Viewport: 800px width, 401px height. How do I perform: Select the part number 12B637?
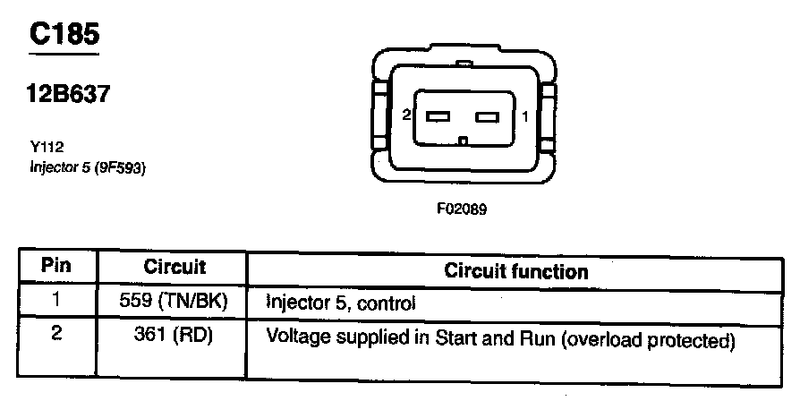(x=70, y=94)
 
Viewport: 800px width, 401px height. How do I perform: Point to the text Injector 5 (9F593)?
(x=87, y=166)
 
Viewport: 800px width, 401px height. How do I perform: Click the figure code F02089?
(x=462, y=210)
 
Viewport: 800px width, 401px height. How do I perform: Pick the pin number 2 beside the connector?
(x=406, y=116)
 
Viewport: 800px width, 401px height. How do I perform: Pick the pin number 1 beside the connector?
(x=525, y=116)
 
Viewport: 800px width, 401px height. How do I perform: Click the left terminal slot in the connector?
(x=438, y=116)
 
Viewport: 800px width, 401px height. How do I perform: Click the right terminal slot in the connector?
(x=487, y=116)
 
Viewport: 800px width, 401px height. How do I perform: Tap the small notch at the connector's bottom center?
(x=463, y=141)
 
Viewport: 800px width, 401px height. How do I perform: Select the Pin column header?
(x=57, y=267)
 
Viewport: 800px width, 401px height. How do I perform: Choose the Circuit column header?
(x=174, y=267)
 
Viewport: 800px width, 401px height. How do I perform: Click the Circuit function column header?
(x=516, y=270)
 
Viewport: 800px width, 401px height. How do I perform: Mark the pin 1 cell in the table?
(x=57, y=302)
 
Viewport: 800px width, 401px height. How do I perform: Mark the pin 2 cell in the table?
(x=57, y=337)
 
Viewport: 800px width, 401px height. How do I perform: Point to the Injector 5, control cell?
(x=342, y=303)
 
